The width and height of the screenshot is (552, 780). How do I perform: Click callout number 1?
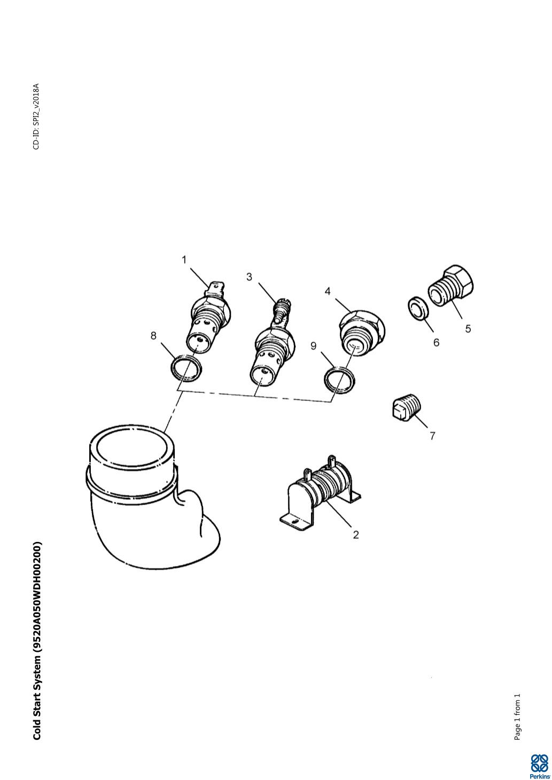tap(184, 260)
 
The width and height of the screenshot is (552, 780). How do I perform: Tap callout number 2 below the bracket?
tap(355, 534)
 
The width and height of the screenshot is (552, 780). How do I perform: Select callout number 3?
tap(249, 277)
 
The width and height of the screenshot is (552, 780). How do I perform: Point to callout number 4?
tap(327, 291)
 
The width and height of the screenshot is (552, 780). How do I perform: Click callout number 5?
tap(468, 328)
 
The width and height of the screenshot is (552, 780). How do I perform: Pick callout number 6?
tap(436, 343)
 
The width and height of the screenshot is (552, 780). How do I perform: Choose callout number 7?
tap(432, 436)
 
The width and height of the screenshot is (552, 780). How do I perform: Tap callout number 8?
tap(153, 336)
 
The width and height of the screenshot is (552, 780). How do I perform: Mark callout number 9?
tap(313, 346)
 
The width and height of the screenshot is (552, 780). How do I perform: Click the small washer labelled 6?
tap(417, 308)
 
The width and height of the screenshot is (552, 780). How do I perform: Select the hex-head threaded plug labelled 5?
tap(452, 286)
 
